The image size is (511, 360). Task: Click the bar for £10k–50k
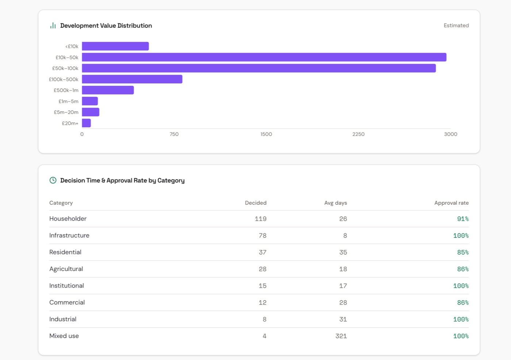pyautogui.click(x=264, y=57)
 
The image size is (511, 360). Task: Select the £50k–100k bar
pyautogui.click(x=259, y=68)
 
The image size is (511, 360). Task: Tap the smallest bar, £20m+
pyautogui.click(x=87, y=123)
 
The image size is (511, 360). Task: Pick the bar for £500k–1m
pyautogui.click(x=108, y=90)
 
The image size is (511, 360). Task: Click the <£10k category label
pyautogui.click(x=72, y=47)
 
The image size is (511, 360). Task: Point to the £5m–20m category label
pyautogui.click(x=66, y=112)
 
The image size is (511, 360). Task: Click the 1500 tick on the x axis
pyautogui.click(x=266, y=134)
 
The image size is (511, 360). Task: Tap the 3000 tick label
pyautogui.click(x=450, y=134)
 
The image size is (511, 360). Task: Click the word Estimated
pyautogui.click(x=456, y=26)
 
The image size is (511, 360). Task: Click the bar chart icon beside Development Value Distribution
pyautogui.click(x=53, y=26)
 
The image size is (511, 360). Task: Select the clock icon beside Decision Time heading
pyautogui.click(x=53, y=180)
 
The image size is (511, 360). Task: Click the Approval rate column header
pyautogui.click(x=452, y=203)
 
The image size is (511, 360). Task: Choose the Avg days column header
pyautogui.click(x=335, y=203)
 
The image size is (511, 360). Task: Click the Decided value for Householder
pyautogui.click(x=261, y=219)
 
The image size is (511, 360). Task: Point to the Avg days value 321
pyautogui.click(x=341, y=336)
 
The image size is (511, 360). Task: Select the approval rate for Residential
pyautogui.click(x=463, y=252)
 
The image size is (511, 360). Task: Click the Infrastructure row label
pyautogui.click(x=69, y=235)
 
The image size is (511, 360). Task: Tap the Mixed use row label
pyautogui.click(x=64, y=336)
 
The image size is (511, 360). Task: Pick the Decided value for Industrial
pyautogui.click(x=264, y=320)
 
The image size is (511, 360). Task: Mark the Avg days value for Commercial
pyautogui.click(x=343, y=302)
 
